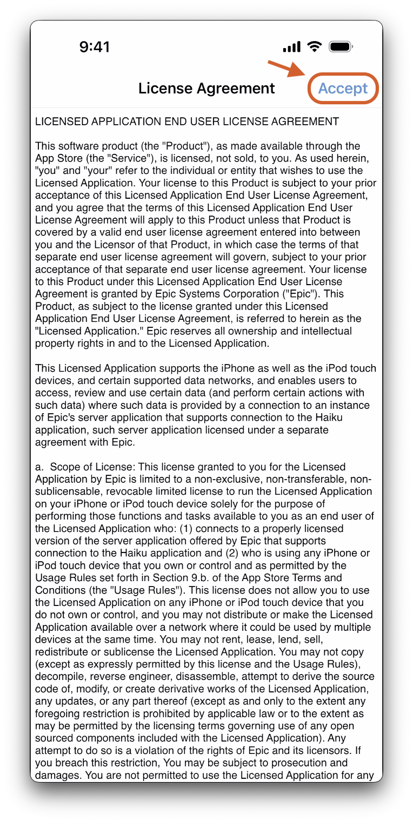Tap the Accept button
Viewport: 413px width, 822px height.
click(x=343, y=88)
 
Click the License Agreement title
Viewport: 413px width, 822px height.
click(x=206, y=88)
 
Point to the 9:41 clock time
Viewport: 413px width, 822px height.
click(x=95, y=47)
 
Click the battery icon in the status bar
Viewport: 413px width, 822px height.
click(x=341, y=47)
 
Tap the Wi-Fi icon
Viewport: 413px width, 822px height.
click(x=315, y=47)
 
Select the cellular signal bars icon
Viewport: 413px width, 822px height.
click(x=292, y=48)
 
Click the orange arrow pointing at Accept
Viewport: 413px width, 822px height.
click(x=287, y=71)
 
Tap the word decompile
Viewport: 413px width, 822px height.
click(x=61, y=677)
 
